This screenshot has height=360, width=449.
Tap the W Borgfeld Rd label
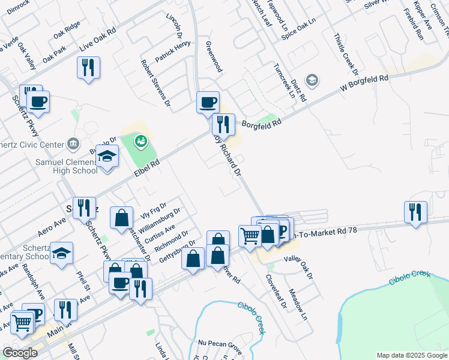click(x=364, y=83)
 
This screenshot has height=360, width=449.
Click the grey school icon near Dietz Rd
click(x=312, y=80)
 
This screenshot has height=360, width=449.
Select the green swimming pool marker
click(x=141, y=142)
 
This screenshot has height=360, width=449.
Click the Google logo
click(x=20, y=353)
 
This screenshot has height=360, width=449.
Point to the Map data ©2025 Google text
click(x=411, y=355)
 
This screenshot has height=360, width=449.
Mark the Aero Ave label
click(x=52, y=223)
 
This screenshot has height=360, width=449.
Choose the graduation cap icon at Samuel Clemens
click(x=107, y=157)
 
